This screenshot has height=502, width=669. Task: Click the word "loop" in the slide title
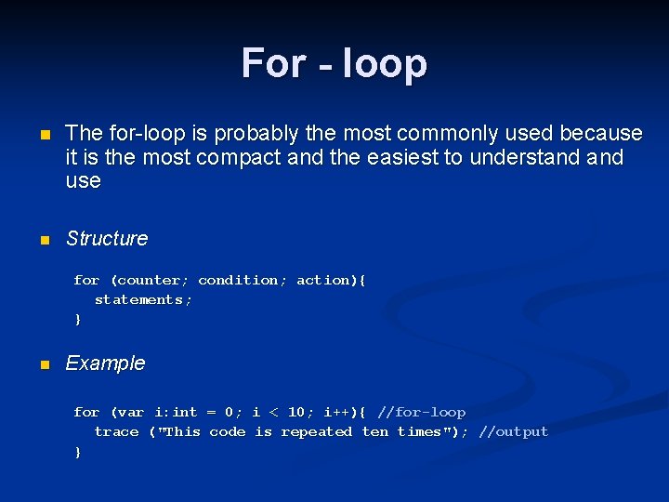coord(384,64)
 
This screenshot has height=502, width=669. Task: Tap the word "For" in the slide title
coord(273,63)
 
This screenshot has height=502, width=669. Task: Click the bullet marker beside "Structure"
coord(43,241)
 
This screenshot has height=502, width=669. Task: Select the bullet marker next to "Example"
coord(43,365)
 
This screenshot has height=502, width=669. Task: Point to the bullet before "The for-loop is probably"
coord(43,136)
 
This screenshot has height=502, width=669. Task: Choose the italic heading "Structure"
coord(107,239)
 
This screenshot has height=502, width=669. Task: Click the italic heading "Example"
coord(105,363)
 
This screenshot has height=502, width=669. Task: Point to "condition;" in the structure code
coord(243,280)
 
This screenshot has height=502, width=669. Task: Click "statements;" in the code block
coord(144,299)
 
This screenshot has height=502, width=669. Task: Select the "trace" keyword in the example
coord(116,431)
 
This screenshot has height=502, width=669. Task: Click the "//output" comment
coord(513,431)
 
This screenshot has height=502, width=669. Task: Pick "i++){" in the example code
coord(345,412)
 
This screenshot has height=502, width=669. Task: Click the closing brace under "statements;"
coord(78,320)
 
